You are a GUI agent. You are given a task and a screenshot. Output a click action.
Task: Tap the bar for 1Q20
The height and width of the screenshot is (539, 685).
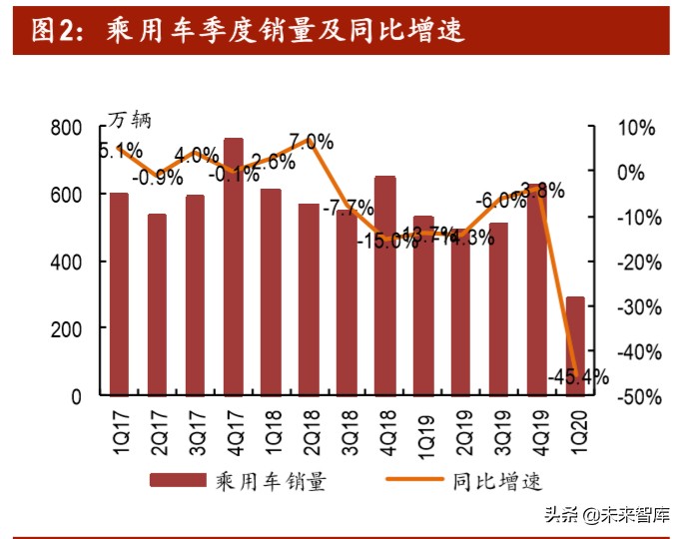click(x=575, y=345)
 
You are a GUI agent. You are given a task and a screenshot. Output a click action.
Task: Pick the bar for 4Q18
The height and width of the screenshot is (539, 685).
click(x=385, y=285)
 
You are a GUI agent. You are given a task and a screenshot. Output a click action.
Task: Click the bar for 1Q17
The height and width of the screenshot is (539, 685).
click(x=119, y=293)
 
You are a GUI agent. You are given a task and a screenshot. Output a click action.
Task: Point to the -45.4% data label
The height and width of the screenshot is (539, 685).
click(x=578, y=376)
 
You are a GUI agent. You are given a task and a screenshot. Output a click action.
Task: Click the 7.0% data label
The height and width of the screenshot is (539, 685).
click(x=312, y=141)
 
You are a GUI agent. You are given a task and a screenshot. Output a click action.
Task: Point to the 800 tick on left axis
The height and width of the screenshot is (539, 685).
click(x=66, y=128)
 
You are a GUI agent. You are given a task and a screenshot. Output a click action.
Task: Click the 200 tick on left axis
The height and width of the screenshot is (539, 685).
click(x=66, y=328)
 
